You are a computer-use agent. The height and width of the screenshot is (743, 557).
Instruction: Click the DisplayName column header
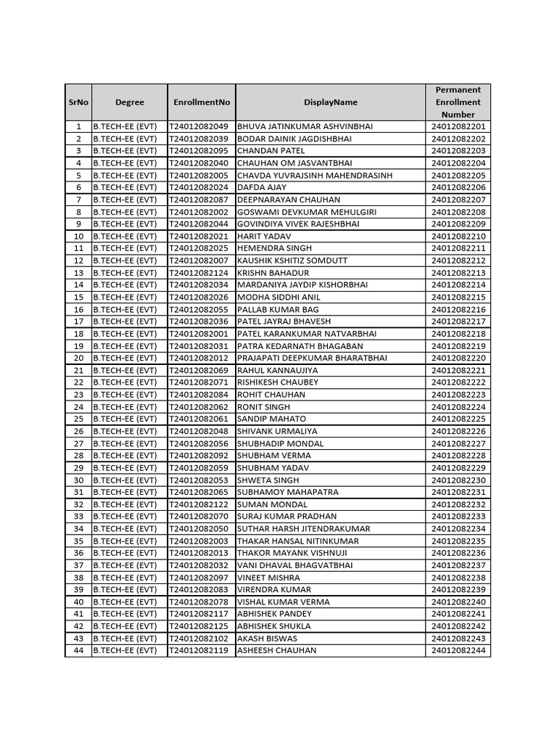[330, 102]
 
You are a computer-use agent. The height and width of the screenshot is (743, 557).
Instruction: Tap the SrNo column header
[78, 102]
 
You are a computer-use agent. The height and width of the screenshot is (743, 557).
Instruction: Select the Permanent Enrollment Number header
[458, 102]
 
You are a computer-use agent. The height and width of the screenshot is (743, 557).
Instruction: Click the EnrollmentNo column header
[202, 102]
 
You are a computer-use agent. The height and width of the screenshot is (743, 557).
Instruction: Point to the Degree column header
[129, 102]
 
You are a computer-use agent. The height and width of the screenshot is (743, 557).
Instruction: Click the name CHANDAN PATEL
[271, 151]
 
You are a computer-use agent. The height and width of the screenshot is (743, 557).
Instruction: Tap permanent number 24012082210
[458, 237]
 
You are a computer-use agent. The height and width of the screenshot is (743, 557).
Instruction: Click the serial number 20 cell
[78, 358]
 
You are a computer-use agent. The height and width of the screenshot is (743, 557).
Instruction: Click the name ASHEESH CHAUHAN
[276, 651]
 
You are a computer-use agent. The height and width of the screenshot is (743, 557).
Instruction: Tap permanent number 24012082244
[458, 651]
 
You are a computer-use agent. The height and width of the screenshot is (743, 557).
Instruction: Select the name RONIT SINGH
[263, 407]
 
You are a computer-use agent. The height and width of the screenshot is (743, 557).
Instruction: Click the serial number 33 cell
[78, 517]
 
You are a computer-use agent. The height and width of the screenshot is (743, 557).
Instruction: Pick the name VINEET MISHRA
[268, 578]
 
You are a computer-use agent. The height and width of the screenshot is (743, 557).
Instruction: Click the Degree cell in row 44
[125, 651]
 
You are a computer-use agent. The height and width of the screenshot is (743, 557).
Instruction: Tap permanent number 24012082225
[458, 419]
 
